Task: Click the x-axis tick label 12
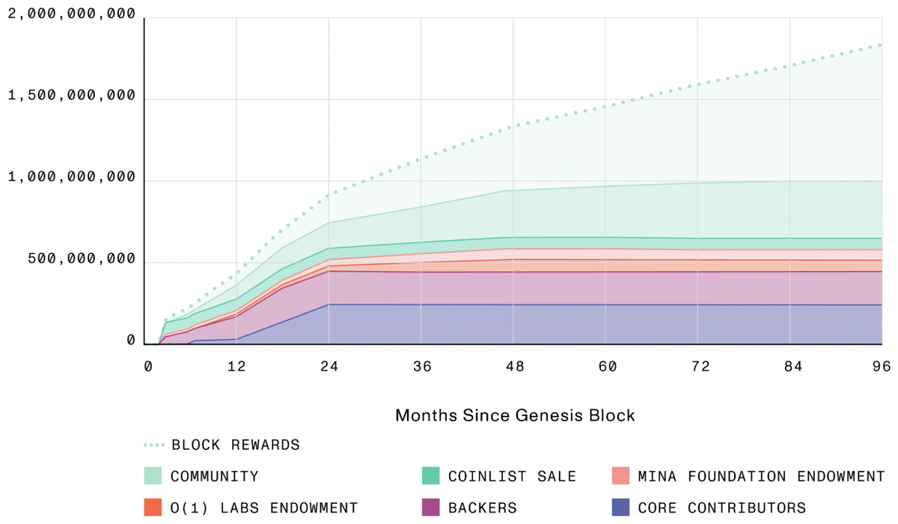click(x=236, y=366)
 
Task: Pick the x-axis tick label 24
click(x=329, y=366)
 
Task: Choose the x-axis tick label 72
click(x=697, y=366)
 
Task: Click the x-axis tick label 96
click(x=881, y=366)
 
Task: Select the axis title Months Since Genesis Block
click(x=515, y=415)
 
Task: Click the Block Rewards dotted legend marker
click(x=153, y=445)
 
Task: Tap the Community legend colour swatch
click(x=153, y=476)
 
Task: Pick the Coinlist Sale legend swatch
click(x=430, y=476)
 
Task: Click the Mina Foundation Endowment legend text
click(x=761, y=476)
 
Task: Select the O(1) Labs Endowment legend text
click(x=264, y=508)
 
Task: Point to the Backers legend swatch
click(x=430, y=508)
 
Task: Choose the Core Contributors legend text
click(x=722, y=508)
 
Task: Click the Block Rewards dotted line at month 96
click(x=881, y=45)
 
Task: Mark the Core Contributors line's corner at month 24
click(x=329, y=304)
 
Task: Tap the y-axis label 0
click(x=130, y=341)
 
